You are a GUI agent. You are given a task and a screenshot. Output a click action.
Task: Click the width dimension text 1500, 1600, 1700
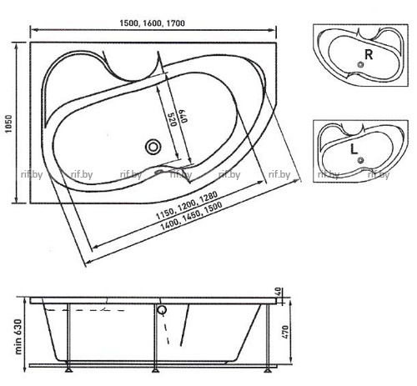(152, 23)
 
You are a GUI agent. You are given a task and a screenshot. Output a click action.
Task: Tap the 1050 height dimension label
(9, 123)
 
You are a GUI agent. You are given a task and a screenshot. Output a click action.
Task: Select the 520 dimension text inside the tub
(173, 119)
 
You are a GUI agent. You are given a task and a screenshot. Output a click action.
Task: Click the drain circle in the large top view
(153, 147)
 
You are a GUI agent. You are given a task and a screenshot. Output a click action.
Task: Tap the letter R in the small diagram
(369, 54)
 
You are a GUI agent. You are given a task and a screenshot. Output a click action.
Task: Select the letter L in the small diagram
(354, 150)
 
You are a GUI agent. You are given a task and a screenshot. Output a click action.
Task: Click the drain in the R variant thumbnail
(361, 65)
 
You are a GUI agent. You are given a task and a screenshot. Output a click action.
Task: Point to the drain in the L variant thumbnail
(361, 160)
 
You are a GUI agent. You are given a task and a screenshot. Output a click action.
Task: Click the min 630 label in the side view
(18, 337)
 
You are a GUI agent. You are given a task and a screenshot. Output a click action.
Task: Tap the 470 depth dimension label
(285, 332)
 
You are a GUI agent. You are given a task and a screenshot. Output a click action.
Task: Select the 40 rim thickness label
(279, 292)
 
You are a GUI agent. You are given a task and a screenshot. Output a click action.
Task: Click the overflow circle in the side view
(162, 310)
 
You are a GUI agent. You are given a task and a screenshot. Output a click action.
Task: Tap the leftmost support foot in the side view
(68, 369)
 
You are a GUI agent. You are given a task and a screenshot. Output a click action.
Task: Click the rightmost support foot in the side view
(268, 369)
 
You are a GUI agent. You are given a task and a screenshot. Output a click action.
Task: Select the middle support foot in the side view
(156, 369)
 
